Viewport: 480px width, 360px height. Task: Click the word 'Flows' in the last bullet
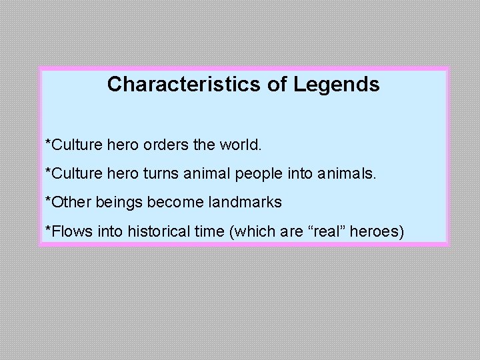pos(67,231)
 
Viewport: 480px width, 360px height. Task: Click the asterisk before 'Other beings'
pos(47,200)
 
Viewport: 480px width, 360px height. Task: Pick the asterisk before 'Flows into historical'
pos(47,229)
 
